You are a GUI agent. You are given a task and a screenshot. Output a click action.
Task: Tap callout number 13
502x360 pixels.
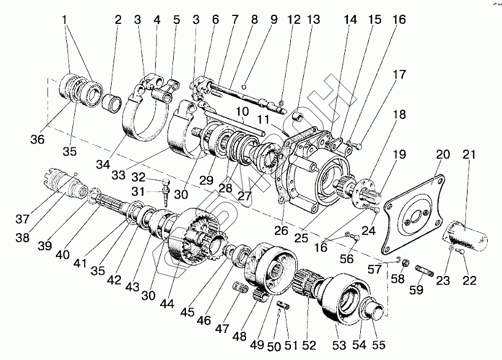pyautogui.click(x=314, y=19)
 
